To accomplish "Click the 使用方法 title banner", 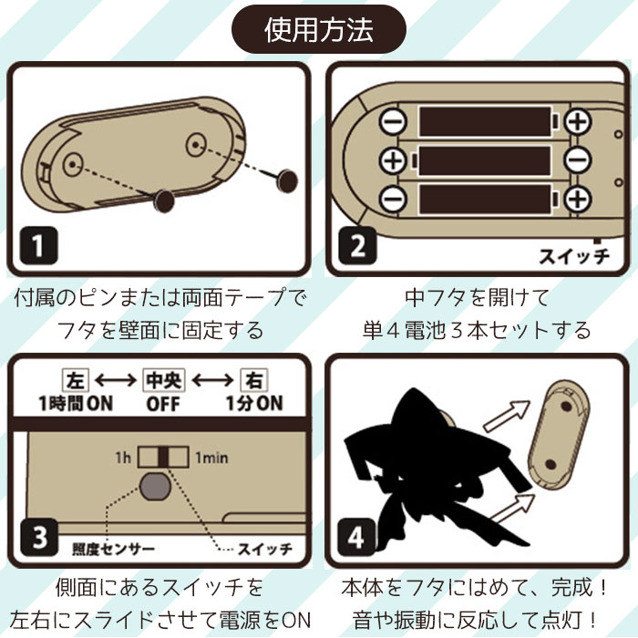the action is click(319, 29).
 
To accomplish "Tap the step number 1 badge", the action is click(38, 245).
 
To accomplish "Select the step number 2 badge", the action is click(357, 245).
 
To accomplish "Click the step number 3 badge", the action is click(38, 537).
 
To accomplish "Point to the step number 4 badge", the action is click(356, 537).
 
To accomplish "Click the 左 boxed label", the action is click(76, 380).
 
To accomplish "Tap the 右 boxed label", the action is click(254, 380).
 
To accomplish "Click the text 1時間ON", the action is click(76, 403).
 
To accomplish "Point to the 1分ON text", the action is click(254, 403).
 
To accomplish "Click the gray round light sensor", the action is click(155, 487).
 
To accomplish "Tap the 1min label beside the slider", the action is click(211, 458).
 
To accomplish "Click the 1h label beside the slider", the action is click(123, 458).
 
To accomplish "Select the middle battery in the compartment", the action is click(484, 159).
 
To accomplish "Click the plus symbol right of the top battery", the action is click(578, 121).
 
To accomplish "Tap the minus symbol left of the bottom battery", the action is click(393, 199).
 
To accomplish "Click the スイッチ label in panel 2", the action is click(574, 256).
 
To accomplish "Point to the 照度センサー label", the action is click(114, 550).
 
